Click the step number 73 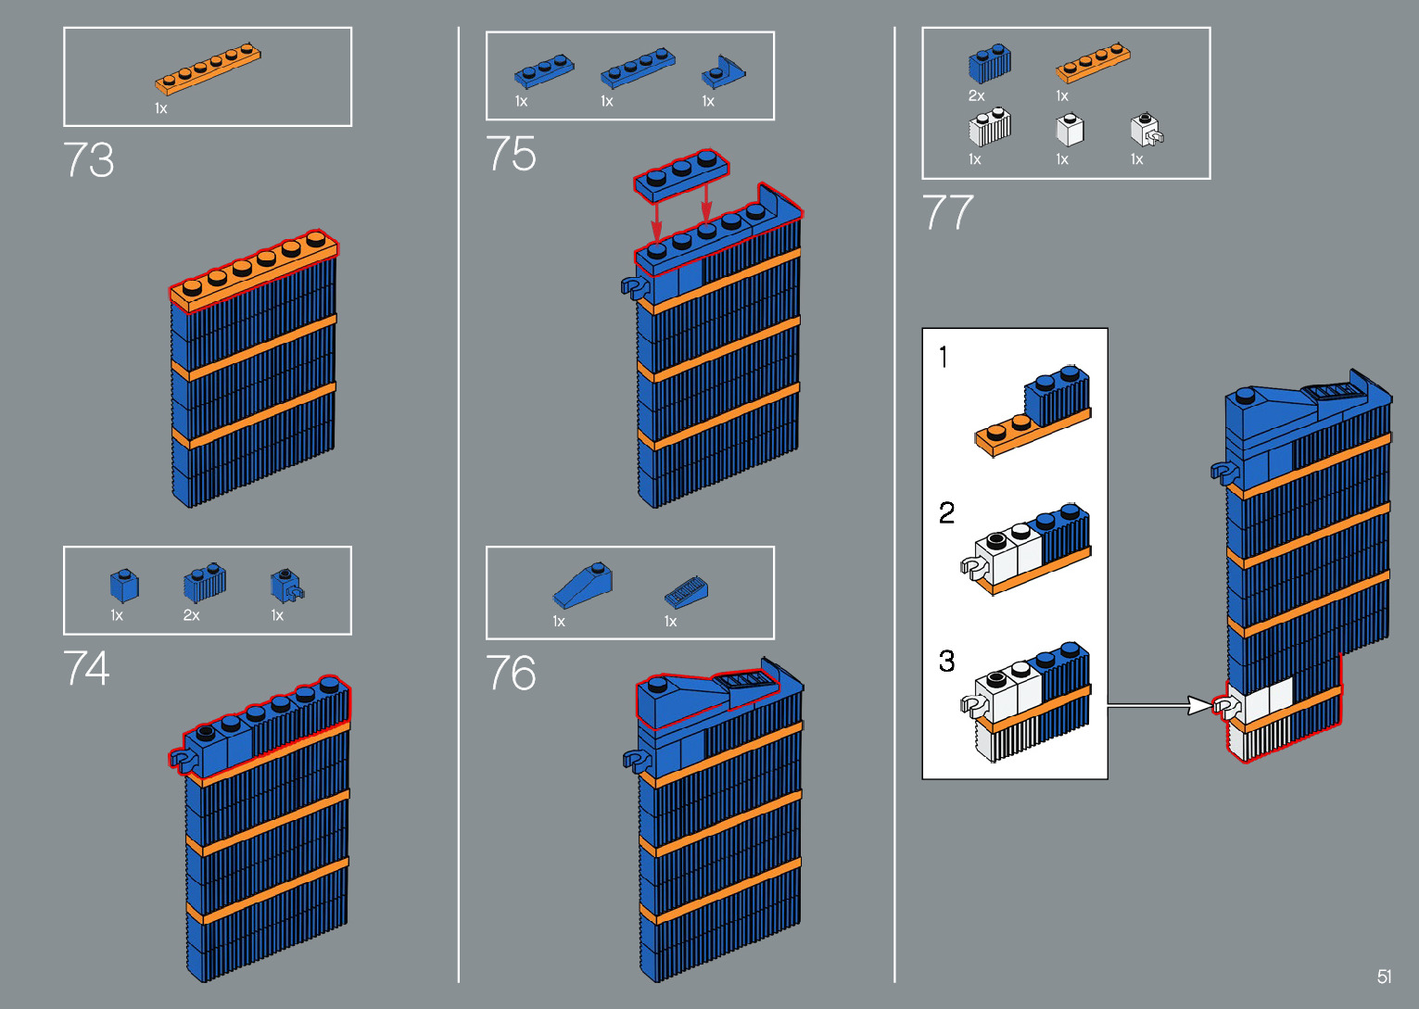coord(89,159)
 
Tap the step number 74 coord(87,668)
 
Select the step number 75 coord(511,153)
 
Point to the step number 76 coord(511,673)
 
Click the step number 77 coord(947,211)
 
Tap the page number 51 coord(1384,976)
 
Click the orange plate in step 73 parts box coord(208,69)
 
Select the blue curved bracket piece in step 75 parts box coord(723,71)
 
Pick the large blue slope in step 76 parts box coord(583,586)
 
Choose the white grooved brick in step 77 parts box coord(990,127)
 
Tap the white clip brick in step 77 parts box coord(1147,129)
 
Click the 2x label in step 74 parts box coord(191,615)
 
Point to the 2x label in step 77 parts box coord(976,95)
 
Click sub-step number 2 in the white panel coord(946,513)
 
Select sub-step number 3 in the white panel coord(946,662)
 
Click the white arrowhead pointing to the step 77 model coord(1199,705)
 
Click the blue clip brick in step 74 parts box coord(286,586)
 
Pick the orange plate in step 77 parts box coord(1093,62)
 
